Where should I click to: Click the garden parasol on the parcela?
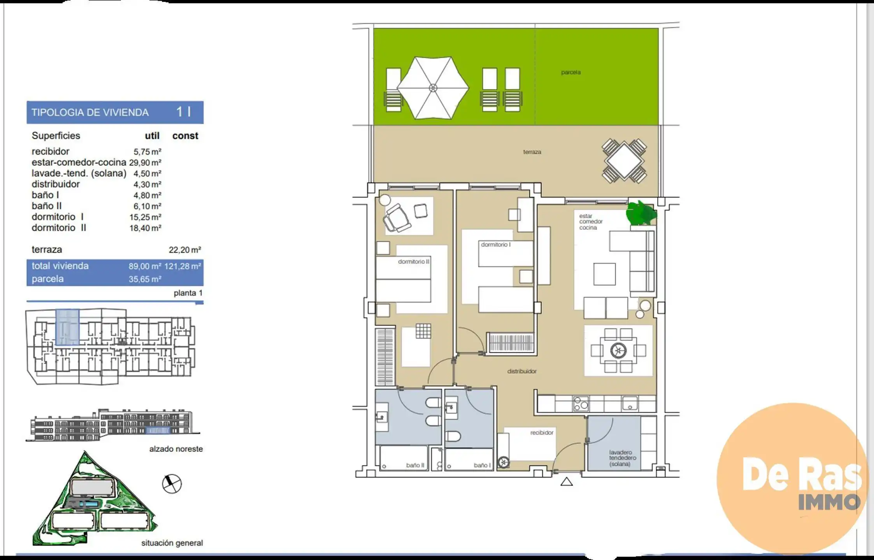(433, 88)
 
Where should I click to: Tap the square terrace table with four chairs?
(624, 161)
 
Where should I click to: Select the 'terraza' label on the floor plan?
(532, 152)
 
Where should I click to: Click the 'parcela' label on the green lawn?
(571, 72)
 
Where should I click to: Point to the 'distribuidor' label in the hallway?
(522, 371)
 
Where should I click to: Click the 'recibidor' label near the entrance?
(542, 432)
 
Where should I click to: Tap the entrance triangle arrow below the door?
(567, 482)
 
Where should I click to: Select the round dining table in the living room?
(618, 351)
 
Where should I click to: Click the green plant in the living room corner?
(641, 213)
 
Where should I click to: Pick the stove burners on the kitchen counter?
(581, 404)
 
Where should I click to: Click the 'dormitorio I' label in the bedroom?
(496, 245)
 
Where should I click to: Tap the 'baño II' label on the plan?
(415, 465)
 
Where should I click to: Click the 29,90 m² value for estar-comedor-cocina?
(145, 163)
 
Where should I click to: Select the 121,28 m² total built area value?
(183, 266)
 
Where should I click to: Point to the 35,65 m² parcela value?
(145, 279)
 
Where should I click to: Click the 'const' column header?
(185, 136)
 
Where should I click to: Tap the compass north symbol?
(172, 484)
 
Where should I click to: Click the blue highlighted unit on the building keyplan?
(68, 327)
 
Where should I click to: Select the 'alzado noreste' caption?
(176, 449)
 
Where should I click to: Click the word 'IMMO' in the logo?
(829, 502)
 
